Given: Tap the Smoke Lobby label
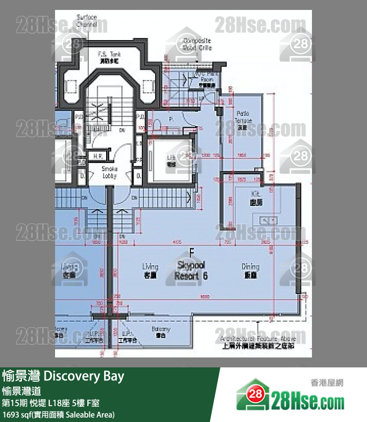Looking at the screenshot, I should tap(109, 173).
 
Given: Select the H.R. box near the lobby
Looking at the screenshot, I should tap(97, 156).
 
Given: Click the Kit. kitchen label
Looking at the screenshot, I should tap(256, 197).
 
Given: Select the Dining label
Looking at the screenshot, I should tap(250, 270).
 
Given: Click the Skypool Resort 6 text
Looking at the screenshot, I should tap(190, 271).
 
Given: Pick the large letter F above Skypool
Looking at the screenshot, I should tap(190, 253).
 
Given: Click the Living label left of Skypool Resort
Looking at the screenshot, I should tap(150, 270).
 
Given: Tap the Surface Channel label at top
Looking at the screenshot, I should tap(87, 20).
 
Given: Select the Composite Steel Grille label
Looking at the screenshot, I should tap(197, 44).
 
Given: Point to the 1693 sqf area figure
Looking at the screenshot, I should tap(59, 414).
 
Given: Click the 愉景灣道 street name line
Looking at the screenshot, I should tap(25, 390).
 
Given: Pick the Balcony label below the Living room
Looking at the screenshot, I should tap(160, 332).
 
